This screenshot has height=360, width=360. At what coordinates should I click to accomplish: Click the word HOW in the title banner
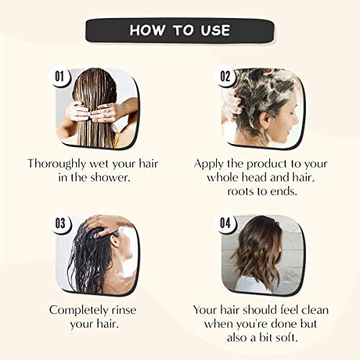pos(148,30)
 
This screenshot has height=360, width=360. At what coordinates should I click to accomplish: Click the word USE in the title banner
pos(215,30)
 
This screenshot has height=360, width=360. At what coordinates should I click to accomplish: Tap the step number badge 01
pos(60,76)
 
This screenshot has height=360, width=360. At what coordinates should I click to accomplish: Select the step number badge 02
pos(225,76)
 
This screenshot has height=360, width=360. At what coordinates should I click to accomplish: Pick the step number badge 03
pos(60,223)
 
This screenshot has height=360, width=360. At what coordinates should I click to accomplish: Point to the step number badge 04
pos(225,223)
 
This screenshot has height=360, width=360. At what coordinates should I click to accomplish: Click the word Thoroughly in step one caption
pos(57,164)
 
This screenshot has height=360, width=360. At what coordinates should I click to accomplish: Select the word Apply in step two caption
pos(209,164)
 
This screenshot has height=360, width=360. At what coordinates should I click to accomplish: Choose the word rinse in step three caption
pos(124,310)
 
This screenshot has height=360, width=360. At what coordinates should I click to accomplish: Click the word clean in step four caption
pos(315,310)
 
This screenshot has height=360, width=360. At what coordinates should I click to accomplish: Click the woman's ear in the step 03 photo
pos(114,241)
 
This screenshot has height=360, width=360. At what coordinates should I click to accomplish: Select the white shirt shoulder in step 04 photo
pos(251,284)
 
